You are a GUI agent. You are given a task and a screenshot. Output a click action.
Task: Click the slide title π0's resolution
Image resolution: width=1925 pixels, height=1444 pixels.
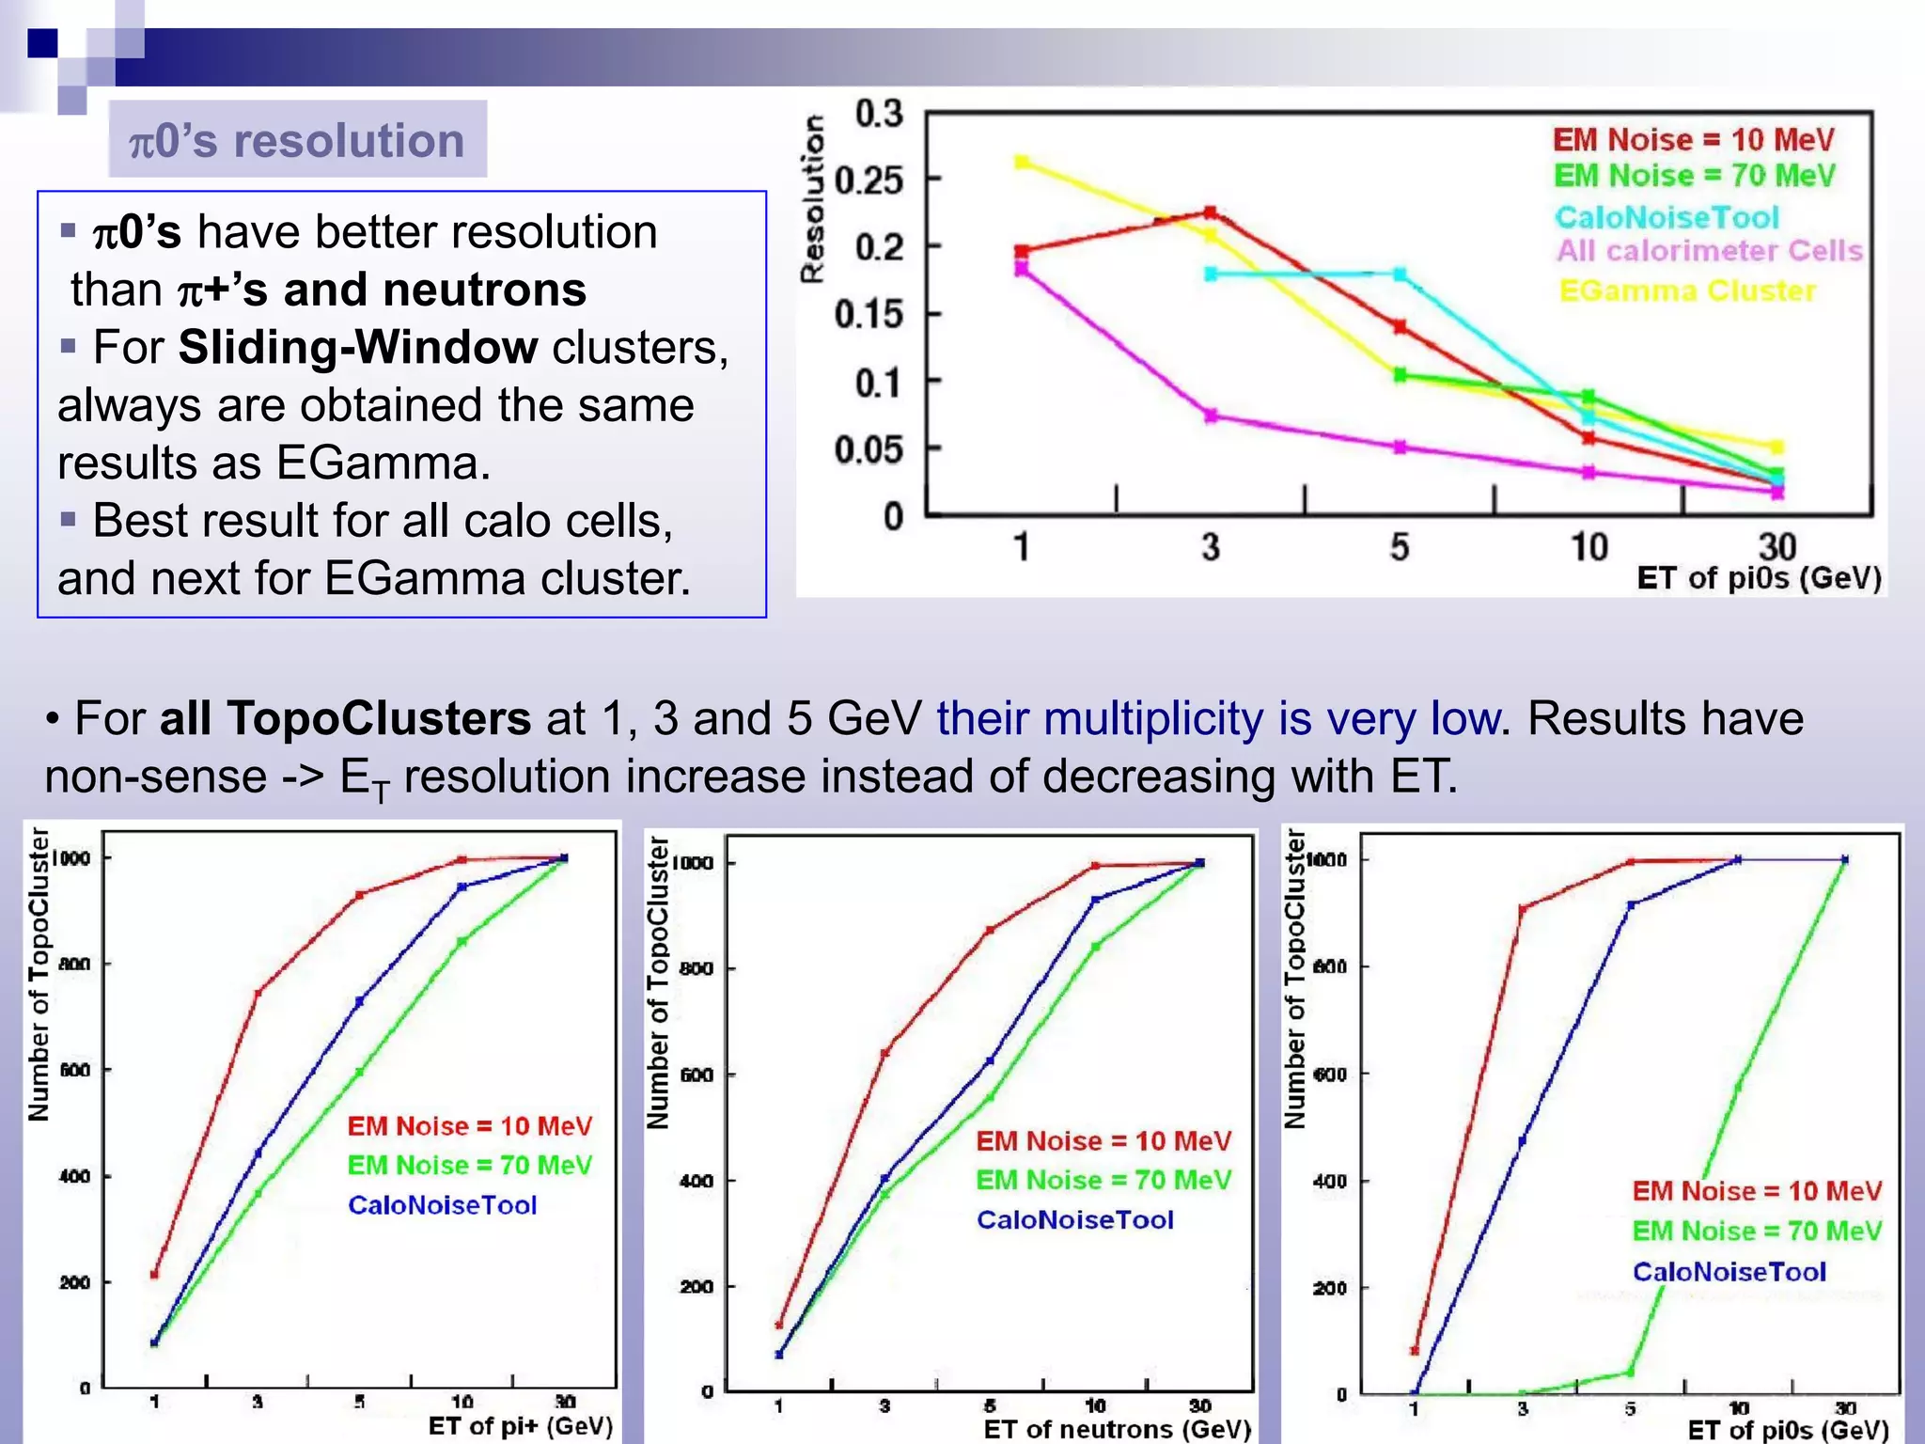297,141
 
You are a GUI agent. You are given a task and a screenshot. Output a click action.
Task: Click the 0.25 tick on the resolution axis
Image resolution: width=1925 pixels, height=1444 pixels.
868,180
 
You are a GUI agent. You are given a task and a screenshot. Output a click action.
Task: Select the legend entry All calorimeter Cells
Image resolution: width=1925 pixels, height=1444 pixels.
1708,251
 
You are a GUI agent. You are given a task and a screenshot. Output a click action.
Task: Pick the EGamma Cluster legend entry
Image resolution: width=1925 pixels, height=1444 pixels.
1687,291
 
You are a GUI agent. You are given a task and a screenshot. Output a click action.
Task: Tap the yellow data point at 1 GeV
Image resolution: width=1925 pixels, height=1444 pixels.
1022,163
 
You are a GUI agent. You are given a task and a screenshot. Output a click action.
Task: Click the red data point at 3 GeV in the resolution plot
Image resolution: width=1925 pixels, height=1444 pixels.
1211,212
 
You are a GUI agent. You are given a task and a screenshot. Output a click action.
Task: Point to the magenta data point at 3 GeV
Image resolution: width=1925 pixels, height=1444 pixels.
1211,415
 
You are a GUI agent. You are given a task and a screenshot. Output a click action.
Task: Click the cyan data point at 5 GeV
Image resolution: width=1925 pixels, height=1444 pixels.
1400,275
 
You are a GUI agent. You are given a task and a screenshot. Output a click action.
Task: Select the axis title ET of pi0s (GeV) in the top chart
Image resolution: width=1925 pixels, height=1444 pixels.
1759,577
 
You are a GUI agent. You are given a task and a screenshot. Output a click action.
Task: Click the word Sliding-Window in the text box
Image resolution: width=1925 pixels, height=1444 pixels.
358,348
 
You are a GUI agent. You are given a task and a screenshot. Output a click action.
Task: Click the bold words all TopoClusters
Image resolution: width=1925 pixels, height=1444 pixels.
345,719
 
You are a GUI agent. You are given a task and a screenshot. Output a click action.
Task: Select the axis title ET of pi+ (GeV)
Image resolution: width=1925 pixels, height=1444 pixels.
520,1426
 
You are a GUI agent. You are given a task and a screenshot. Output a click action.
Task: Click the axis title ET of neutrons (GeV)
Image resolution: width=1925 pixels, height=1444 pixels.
1117,1429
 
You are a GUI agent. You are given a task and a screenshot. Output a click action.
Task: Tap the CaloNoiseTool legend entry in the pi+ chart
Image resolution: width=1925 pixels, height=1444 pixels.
442,1205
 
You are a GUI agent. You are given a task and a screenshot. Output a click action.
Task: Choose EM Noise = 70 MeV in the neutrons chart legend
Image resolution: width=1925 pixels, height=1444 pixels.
1103,1180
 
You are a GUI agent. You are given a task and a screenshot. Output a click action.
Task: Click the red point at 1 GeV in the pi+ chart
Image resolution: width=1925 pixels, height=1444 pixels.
155,1275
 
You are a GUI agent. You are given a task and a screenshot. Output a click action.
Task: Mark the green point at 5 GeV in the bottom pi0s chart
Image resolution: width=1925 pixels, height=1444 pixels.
1631,1373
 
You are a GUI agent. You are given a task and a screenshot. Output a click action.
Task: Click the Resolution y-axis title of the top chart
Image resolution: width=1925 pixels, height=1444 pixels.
812,198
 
